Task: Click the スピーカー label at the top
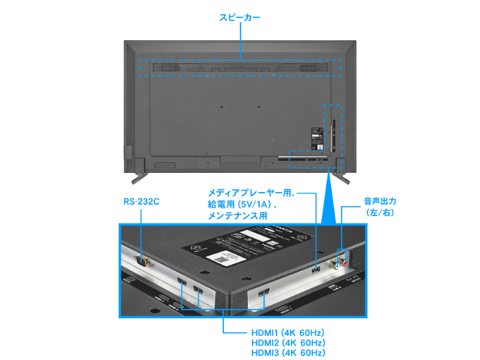pyautogui.click(x=239, y=19)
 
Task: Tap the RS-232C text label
pyautogui.click(x=141, y=202)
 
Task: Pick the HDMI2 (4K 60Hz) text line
pyautogui.click(x=288, y=343)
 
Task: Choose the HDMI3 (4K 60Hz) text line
pyautogui.click(x=288, y=353)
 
